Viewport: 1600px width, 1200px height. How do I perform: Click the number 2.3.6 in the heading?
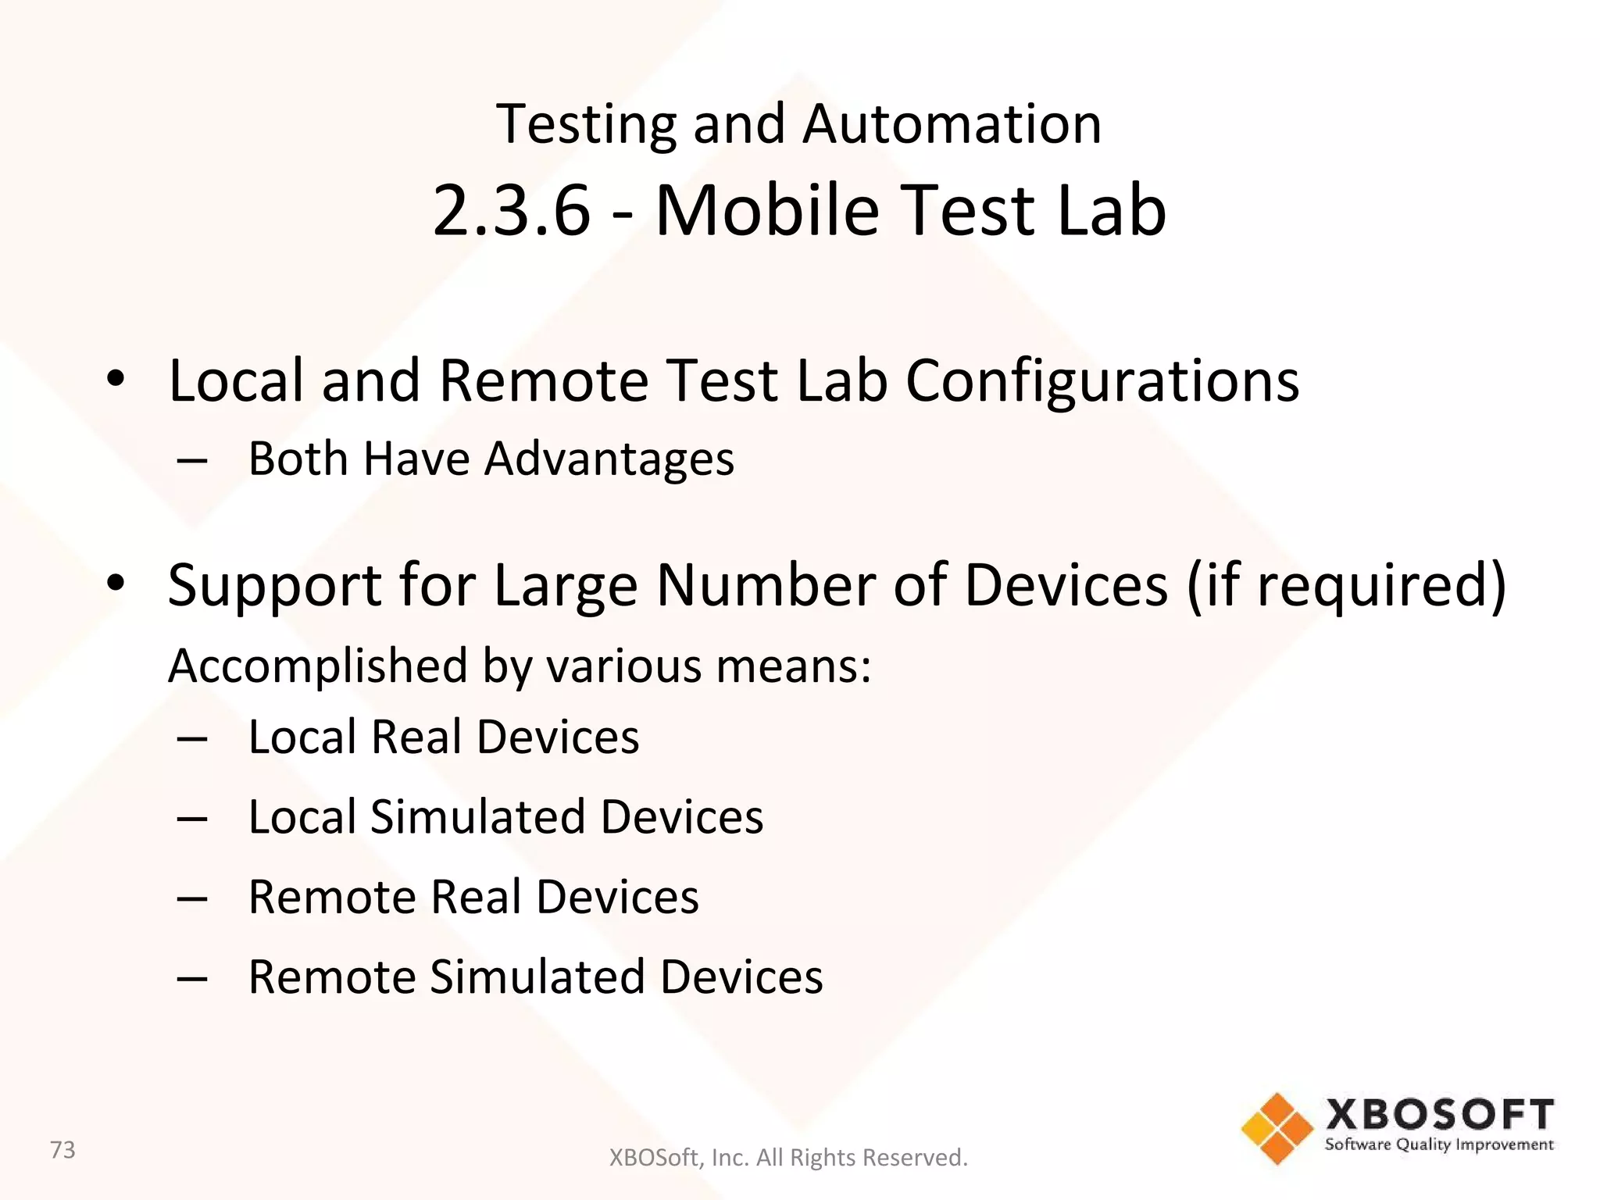[x=511, y=210]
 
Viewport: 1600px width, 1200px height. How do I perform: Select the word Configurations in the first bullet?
[x=1102, y=381]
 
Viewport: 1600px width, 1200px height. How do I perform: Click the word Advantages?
[x=609, y=459]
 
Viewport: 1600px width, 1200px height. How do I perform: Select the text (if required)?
[x=1346, y=585]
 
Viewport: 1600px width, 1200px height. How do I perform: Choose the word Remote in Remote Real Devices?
[x=331, y=897]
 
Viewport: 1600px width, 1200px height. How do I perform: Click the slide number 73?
[x=62, y=1150]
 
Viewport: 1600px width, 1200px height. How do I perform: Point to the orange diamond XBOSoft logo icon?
[x=1277, y=1128]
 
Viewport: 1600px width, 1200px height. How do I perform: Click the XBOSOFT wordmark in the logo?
[x=1439, y=1115]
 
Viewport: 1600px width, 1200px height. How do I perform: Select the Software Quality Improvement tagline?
[x=1439, y=1145]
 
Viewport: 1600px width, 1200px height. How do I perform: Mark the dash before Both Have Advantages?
[x=192, y=460]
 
